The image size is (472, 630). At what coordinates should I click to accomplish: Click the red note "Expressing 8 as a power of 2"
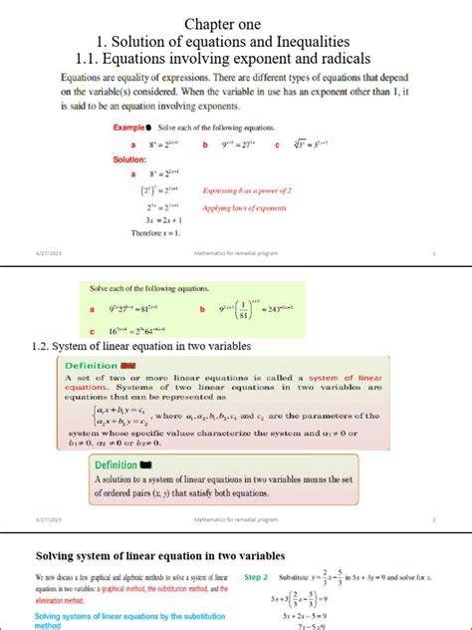[x=246, y=189]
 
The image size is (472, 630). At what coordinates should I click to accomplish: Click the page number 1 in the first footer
[x=435, y=255]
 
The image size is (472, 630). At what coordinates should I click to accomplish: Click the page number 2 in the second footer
[x=435, y=519]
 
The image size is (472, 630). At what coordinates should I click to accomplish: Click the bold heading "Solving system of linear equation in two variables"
[x=160, y=555]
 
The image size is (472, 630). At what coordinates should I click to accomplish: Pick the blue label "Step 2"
[x=258, y=577]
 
